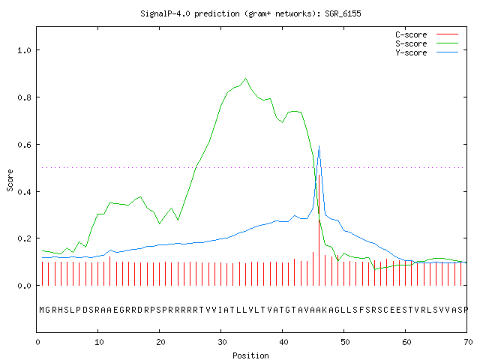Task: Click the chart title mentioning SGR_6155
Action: [x=250, y=13]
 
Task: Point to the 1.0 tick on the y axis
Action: [x=25, y=50]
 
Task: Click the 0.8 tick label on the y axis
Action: [x=25, y=97]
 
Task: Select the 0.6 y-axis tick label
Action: [x=25, y=145]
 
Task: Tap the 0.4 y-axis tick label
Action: [x=25, y=192]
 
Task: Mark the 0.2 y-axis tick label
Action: [x=25, y=238]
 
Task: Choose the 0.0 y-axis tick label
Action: [x=25, y=286]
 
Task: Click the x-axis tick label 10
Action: [x=99, y=342]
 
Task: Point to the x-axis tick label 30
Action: [x=222, y=342]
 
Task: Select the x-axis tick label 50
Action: [x=345, y=342]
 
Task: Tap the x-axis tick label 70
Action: [x=468, y=342]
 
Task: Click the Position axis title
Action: [x=250, y=355]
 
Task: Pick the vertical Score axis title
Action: [x=10, y=180]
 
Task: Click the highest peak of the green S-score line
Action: [x=245, y=79]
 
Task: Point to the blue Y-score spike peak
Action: [x=319, y=146]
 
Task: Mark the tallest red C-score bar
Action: [x=319, y=230]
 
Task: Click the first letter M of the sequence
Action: [x=42, y=310]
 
